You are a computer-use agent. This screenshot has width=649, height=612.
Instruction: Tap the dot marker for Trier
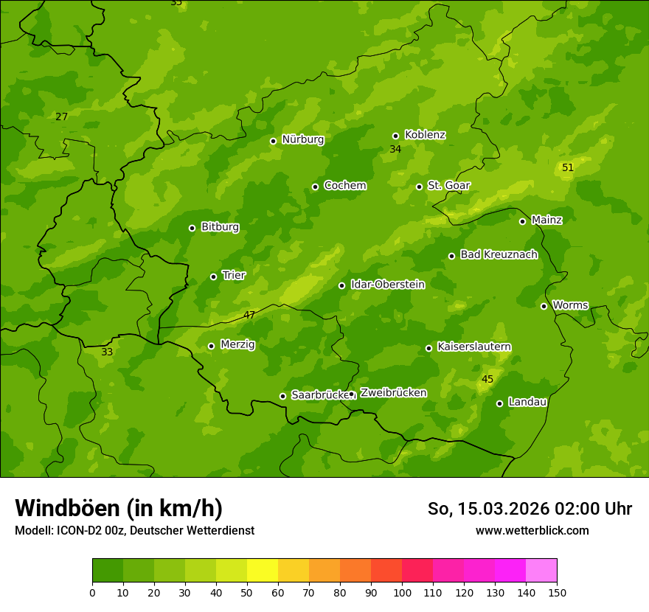214,277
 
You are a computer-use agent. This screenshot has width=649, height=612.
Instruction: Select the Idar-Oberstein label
387,285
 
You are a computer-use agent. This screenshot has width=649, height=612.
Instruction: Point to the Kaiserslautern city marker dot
428,348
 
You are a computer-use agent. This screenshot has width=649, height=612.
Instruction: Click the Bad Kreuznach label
499,254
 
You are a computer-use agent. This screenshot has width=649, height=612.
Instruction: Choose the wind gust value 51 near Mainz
567,168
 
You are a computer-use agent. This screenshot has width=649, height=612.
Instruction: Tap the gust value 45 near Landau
487,380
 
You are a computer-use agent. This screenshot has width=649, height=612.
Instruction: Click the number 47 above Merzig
249,315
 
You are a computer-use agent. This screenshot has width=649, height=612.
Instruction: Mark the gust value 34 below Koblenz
395,150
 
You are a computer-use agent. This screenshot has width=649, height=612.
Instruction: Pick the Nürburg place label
302,139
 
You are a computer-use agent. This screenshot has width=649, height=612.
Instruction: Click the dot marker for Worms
544,306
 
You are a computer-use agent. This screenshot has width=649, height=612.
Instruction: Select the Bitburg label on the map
220,227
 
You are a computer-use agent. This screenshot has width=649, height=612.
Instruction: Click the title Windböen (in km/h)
119,508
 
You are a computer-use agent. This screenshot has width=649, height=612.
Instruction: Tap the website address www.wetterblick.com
532,530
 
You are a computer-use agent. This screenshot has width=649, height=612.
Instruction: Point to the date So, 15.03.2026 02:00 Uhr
530,509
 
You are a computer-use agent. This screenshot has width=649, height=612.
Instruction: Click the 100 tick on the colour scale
402,592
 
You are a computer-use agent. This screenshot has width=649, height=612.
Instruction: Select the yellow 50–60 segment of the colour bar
263,571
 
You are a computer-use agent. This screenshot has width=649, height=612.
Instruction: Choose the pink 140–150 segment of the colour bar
541,571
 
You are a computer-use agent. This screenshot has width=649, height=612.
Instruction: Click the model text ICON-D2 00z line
134,530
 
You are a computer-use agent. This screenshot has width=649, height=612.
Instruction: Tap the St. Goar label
448,185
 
